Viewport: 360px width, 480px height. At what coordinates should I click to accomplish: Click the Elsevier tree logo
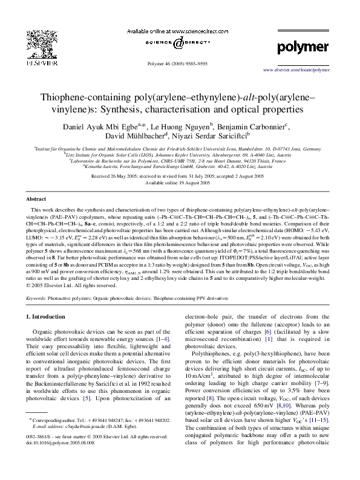click(x=29, y=45)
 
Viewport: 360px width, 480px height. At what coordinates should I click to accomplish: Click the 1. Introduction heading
click(x=53, y=317)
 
